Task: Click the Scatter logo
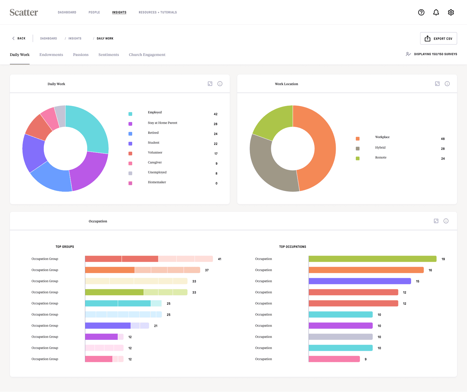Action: (24, 12)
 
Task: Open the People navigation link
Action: (94, 12)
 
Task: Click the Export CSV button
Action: (438, 39)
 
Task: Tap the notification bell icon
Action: (436, 12)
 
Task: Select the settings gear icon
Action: (451, 12)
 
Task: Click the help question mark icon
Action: (421, 12)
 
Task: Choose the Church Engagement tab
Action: (147, 55)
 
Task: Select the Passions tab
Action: (81, 55)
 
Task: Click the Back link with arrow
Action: (19, 38)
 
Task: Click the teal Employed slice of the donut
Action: (92, 128)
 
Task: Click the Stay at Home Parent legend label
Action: (162, 123)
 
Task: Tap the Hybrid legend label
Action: (380, 147)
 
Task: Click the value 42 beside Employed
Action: (216, 114)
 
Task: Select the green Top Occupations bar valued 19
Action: (372, 259)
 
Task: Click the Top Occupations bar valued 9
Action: (334, 359)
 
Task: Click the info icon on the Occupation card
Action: (446, 221)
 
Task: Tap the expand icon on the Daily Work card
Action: (210, 84)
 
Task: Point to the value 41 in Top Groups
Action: (220, 259)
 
